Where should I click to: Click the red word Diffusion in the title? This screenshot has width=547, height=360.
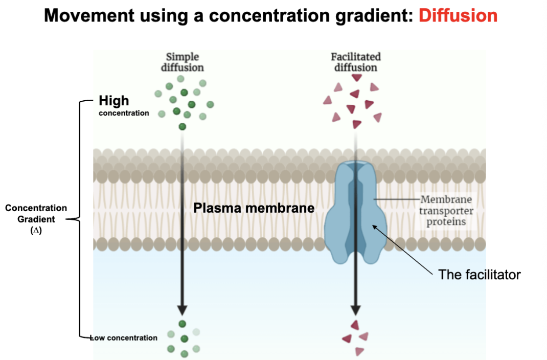(458, 15)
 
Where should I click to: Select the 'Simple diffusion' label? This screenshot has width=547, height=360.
(183, 62)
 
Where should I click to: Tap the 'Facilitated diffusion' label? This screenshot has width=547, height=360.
(356, 62)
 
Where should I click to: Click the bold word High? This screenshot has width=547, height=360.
(114, 101)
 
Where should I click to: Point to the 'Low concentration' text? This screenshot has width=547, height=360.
(124, 337)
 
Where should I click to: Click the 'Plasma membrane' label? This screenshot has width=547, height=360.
(254, 208)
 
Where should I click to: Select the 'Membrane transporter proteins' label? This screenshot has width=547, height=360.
(446, 211)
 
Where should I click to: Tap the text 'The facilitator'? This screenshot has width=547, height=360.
(479, 275)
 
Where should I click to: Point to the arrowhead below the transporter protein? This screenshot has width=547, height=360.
(356, 309)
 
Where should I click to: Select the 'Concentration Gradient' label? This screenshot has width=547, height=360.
(36, 213)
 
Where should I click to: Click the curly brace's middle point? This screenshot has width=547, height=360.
(77, 219)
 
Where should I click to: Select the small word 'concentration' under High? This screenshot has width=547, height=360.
(124, 113)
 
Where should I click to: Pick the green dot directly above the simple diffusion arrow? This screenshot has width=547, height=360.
(183, 126)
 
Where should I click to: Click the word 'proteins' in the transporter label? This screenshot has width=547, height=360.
(446, 222)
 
